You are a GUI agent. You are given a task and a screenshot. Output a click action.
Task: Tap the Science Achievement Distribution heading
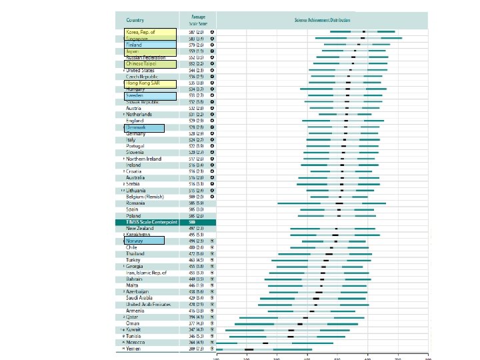(322, 21)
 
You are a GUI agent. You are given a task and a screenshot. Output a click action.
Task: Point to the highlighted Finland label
(135, 45)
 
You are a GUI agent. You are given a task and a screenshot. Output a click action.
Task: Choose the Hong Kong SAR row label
(143, 83)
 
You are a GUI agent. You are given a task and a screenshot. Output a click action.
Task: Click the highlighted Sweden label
(135, 95)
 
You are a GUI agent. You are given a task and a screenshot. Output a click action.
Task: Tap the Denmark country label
(137, 127)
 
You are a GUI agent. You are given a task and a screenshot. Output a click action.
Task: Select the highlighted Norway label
(135, 241)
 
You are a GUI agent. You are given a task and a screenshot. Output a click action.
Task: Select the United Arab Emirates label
(149, 304)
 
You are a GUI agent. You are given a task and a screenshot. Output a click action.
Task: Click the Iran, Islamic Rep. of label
(147, 272)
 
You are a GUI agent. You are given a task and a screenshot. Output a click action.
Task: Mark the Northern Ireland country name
(145, 159)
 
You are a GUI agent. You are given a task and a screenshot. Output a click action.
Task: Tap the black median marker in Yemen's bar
(249, 349)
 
